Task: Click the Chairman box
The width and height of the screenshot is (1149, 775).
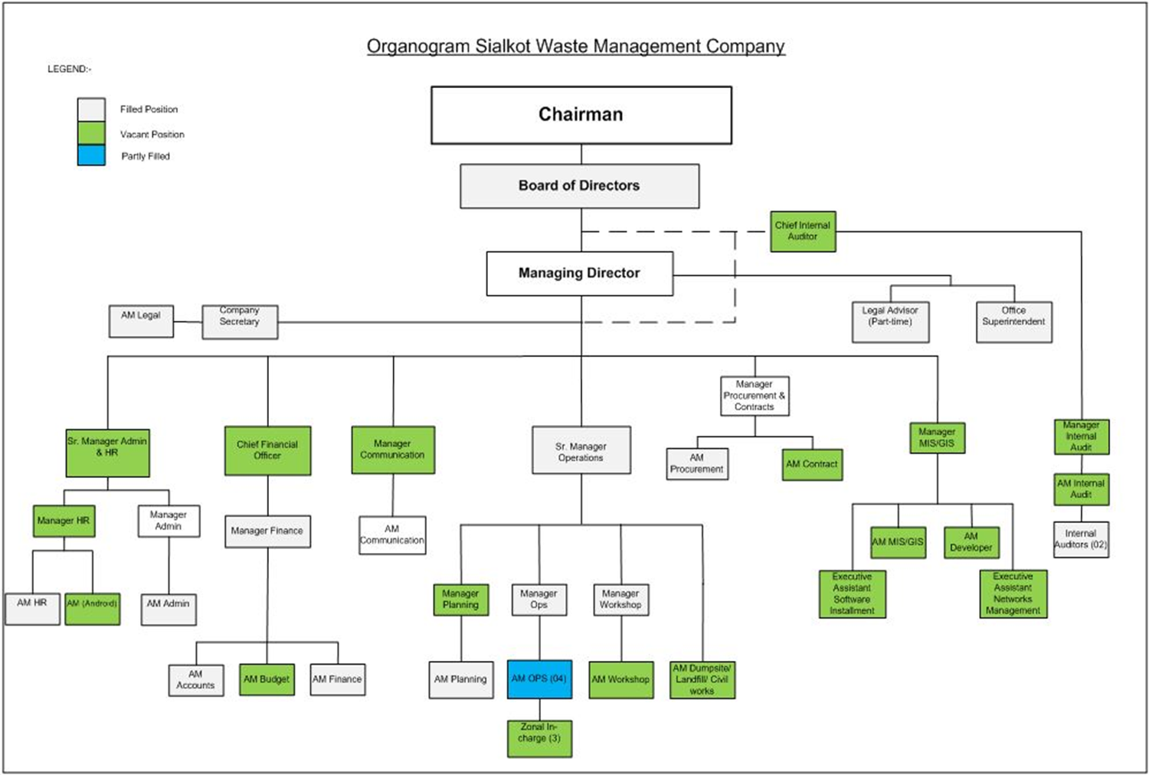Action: click(x=581, y=115)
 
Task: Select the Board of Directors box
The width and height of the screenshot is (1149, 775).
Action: click(x=579, y=186)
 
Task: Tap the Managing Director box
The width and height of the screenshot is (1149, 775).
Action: click(x=580, y=273)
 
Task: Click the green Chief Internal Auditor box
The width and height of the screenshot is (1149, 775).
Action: click(x=803, y=231)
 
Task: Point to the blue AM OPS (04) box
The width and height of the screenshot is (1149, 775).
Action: click(x=539, y=679)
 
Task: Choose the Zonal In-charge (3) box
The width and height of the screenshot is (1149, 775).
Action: click(x=539, y=738)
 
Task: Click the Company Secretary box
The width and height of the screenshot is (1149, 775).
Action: click(x=240, y=322)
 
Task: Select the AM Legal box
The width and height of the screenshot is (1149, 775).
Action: click(x=141, y=321)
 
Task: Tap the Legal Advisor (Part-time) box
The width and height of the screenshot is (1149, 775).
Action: click(x=890, y=322)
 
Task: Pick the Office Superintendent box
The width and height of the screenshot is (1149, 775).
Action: click(x=1013, y=322)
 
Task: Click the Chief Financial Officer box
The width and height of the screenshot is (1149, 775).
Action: click(x=267, y=450)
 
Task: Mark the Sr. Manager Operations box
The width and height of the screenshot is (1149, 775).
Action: click(x=581, y=451)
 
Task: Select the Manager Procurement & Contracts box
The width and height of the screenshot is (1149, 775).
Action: click(x=755, y=396)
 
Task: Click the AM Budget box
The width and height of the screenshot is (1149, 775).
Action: click(x=267, y=679)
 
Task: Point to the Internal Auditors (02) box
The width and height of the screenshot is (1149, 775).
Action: click(x=1081, y=539)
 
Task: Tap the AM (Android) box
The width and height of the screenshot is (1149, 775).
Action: click(x=92, y=609)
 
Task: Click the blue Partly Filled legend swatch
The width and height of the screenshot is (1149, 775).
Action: click(x=91, y=155)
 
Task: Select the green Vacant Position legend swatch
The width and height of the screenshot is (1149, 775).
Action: click(x=91, y=133)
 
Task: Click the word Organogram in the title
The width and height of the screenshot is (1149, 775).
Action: click(x=418, y=46)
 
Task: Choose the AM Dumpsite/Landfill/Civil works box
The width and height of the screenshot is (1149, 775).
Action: click(x=702, y=679)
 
